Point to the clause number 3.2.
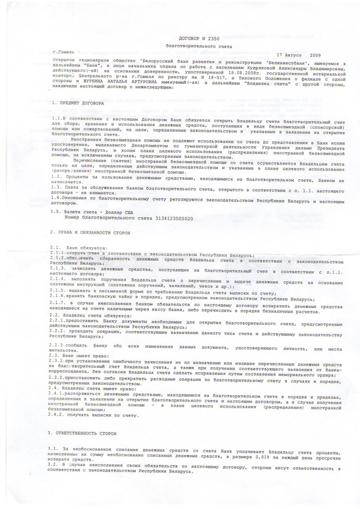(55, 478)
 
